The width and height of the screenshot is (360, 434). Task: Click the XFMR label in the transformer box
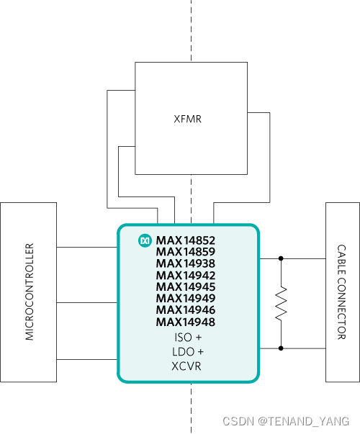(x=187, y=119)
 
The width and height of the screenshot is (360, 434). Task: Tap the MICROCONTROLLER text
(x=30, y=291)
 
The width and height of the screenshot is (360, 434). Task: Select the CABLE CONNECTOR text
(x=341, y=292)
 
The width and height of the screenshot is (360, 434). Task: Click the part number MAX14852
(x=186, y=240)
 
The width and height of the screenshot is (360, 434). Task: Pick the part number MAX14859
(x=186, y=252)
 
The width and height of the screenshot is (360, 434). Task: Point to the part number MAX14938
(x=186, y=263)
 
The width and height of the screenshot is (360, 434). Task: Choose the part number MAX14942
(x=186, y=276)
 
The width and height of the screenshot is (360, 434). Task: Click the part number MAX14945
(x=186, y=287)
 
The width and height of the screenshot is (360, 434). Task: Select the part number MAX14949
(x=186, y=299)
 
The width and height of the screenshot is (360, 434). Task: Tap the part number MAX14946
(x=186, y=310)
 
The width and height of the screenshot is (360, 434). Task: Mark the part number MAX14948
(x=186, y=322)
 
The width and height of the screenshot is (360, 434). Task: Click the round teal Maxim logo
(x=145, y=240)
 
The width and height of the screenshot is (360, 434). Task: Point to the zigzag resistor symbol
(x=281, y=304)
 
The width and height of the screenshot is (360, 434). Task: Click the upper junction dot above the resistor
(x=281, y=258)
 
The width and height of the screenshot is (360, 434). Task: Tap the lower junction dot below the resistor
(x=281, y=348)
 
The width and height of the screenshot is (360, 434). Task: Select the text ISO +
(x=188, y=338)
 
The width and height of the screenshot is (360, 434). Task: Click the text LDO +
(x=188, y=352)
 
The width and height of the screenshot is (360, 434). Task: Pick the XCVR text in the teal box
(x=186, y=366)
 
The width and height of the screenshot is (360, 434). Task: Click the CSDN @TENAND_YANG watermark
(x=286, y=421)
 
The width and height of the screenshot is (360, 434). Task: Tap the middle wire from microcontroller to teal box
(x=87, y=302)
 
